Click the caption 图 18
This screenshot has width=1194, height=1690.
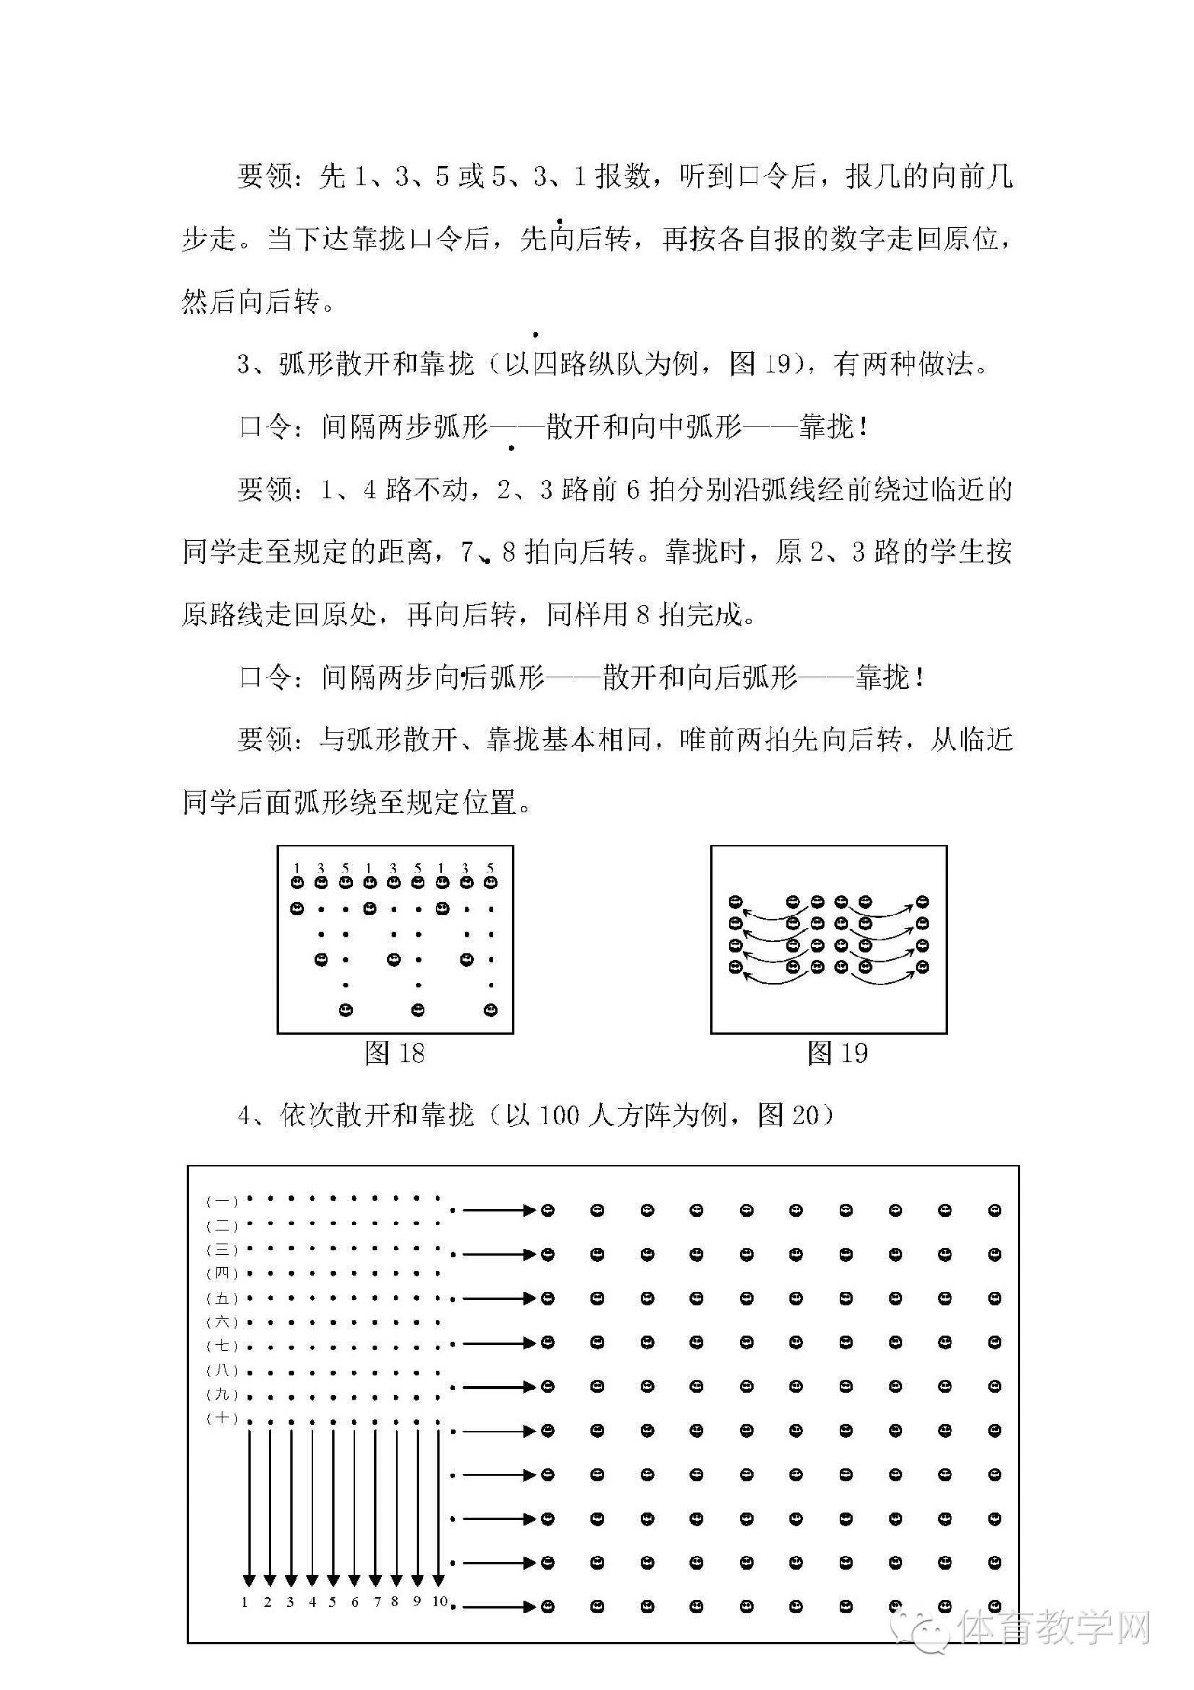[x=395, y=1054]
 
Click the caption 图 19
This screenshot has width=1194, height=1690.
[x=837, y=1054]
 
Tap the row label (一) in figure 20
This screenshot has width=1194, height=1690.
[x=222, y=1202]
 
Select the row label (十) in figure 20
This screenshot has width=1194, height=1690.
[x=222, y=1418]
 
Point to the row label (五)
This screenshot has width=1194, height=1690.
[x=222, y=1298]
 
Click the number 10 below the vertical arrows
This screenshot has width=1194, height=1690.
[x=439, y=1601]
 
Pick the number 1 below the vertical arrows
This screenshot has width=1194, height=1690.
[x=245, y=1602]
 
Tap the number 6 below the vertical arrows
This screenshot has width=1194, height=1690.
[x=354, y=1602]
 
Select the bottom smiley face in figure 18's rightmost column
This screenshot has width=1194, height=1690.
[x=491, y=1010]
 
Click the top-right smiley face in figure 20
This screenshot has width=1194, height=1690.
[x=994, y=1210]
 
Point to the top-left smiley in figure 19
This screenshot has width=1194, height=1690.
[x=735, y=901]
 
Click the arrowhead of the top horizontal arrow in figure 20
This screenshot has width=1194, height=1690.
[x=530, y=1210]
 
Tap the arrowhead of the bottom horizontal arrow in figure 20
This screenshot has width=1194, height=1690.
[x=530, y=1607]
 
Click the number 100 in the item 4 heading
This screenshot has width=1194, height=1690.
[x=559, y=1114]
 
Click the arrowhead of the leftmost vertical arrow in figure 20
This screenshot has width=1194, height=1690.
[x=248, y=1580]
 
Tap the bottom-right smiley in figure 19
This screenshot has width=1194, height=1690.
[x=923, y=967]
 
